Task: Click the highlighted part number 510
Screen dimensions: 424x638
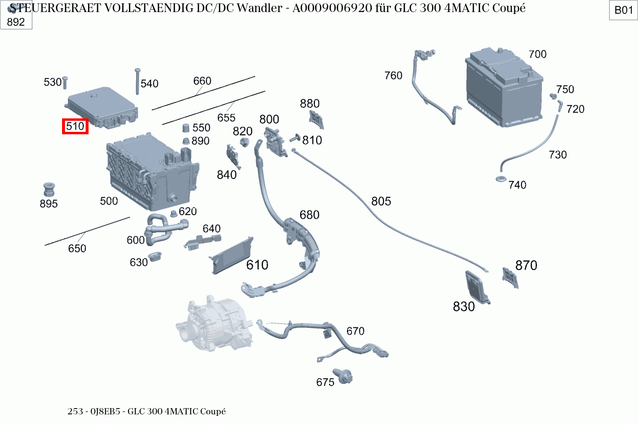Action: [x=76, y=127]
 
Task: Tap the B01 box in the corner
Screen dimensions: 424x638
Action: [x=624, y=11]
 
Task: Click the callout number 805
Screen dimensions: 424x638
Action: [x=381, y=201]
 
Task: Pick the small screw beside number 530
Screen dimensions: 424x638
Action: [x=65, y=84]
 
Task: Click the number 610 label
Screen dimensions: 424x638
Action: [x=257, y=265]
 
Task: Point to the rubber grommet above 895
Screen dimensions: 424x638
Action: [x=49, y=189]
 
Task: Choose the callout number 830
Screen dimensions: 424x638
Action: [x=464, y=307]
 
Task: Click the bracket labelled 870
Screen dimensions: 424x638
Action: [x=510, y=278]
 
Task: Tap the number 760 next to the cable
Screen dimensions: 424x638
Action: [x=393, y=76]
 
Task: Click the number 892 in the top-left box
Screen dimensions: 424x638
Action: [x=16, y=22]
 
